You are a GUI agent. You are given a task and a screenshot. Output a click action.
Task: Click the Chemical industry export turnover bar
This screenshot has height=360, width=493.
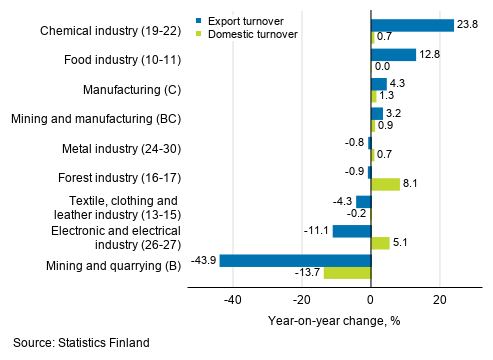point(411,25)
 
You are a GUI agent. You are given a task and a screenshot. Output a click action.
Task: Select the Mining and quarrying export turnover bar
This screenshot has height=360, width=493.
point(295,260)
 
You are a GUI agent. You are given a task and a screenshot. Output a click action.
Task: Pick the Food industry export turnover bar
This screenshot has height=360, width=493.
point(392,55)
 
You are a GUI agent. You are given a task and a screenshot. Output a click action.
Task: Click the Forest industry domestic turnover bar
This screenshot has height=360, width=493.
point(384,184)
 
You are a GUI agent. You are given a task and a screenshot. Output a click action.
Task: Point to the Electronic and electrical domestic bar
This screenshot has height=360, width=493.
point(379,243)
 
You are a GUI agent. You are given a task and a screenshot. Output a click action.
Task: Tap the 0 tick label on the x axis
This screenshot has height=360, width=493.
point(370,300)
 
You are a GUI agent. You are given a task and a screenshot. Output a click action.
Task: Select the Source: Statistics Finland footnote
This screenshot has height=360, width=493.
point(82,343)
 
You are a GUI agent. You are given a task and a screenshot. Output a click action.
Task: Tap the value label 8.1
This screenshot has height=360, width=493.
point(410,184)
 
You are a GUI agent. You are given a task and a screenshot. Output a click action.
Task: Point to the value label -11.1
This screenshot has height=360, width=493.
point(318,231)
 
